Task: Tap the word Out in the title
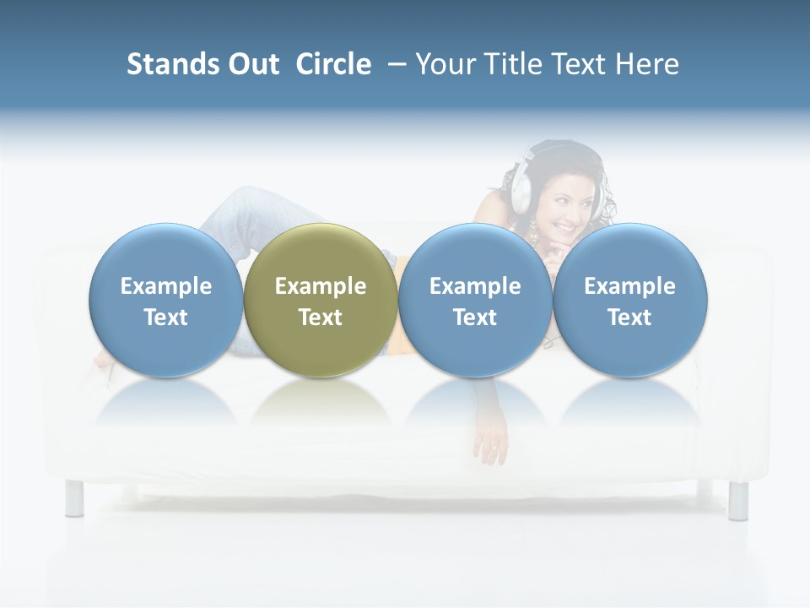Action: (251, 64)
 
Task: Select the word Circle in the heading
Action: (333, 64)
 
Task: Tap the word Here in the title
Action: (647, 64)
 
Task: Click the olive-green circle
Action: (321, 300)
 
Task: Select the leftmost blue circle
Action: (166, 300)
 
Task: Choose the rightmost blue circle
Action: (630, 300)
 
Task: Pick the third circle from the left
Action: (475, 300)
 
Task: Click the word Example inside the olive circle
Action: (321, 286)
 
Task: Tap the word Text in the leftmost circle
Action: (166, 318)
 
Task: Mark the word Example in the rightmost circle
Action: (630, 286)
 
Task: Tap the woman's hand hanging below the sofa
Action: (491, 448)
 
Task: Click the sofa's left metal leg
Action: (74, 498)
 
